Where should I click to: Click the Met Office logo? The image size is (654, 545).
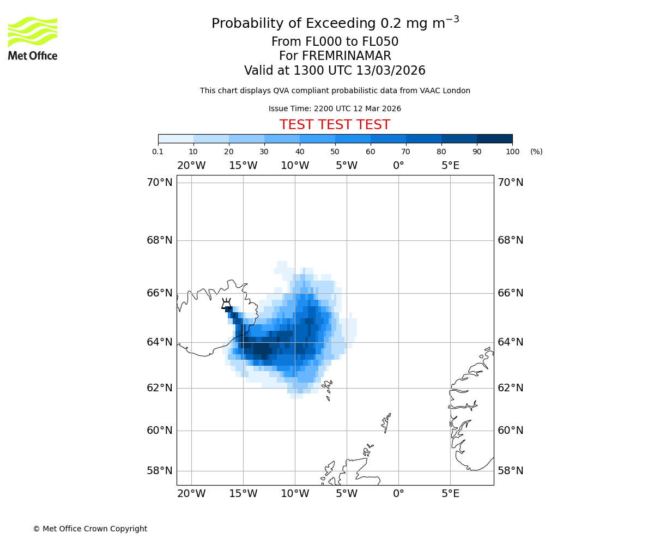(x=33, y=38)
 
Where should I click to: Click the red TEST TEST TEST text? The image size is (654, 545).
(x=335, y=125)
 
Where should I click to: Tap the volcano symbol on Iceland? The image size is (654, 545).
(x=226, y=304)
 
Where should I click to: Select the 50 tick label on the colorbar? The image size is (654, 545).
(x=335, y=152)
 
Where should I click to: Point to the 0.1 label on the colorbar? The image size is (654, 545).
(x=158, y=152)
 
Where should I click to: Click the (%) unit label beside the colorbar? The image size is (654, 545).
(x=536, y=152)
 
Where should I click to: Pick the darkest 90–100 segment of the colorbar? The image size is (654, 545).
(x=494, y=138)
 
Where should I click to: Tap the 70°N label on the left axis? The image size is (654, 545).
(x=159, y=183)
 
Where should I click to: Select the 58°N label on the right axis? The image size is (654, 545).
(x=510, y=470)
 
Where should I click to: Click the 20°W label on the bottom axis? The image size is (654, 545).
(x=191, y=494)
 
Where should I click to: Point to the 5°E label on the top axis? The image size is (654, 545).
(x=450, y=166)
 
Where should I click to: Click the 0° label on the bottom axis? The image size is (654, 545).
(x=398, y=494)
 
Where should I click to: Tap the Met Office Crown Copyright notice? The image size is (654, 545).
(x=90, y=529)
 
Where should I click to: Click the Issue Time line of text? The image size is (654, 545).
(x=335, y=108)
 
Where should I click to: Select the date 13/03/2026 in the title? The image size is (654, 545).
(x=391, y=71)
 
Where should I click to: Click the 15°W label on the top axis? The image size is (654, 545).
(x=243, y=166)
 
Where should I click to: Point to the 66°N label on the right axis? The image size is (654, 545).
(x=510, y=293)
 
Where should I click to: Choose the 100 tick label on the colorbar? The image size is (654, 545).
(x=512, y=152)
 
